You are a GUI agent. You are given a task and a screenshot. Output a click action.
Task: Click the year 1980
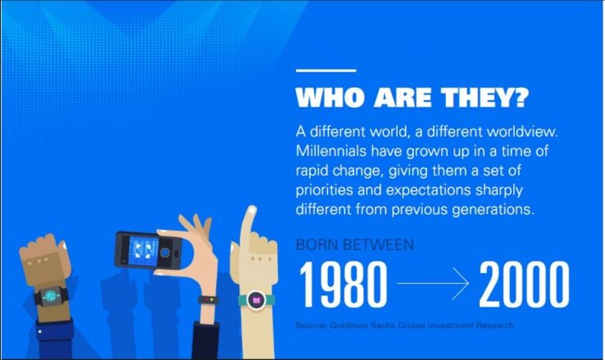pos(343,284)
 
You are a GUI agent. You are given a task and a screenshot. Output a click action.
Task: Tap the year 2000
pos(524,284)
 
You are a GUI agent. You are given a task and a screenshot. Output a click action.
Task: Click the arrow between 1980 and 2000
pos(433,283)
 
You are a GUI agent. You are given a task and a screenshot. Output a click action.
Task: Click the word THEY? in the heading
pos(485,98)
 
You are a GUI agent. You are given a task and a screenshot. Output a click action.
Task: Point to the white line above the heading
pos(326,71)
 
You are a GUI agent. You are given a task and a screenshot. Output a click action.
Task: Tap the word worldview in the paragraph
pos(521,131)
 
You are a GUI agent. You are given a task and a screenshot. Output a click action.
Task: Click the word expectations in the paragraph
pos(428,190)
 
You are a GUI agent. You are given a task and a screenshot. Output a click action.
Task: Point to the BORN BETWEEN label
pos(355,244)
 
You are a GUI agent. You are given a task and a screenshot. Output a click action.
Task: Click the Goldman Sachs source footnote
pos(405,326)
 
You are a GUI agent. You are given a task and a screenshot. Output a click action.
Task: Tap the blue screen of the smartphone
pos(143,251)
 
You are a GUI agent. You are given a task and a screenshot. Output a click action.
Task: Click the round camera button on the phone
pos(165,253)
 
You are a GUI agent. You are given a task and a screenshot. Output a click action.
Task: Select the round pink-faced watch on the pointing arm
pos(257,300)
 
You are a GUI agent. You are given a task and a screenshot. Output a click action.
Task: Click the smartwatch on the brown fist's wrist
pos(51,297)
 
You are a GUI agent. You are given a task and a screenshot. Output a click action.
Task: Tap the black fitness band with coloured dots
pos(208,300)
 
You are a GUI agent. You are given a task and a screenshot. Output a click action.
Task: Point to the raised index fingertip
pos(252,211)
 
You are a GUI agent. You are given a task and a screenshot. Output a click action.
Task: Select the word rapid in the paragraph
pos(312,171)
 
